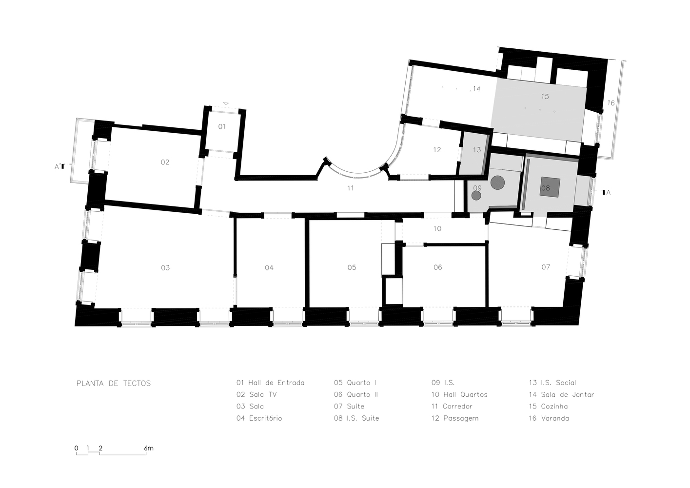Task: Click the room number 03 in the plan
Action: pyautogui.click(x=165, y=267)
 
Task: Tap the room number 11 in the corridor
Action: pyautogui.click(x=350, y=188)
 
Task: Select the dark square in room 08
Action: pyautogui.click(x=550, y=187)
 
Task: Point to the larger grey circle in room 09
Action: pyautogui.click(x=497, y=183)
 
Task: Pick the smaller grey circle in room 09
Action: pyautogui.click(x=476, y=196)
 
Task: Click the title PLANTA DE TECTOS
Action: pyautogui.click(x=114, y=384)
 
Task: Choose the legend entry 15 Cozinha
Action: pyautogui.click(x=548, y=407)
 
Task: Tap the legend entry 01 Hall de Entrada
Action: pyautogui.click(x=271, y=383)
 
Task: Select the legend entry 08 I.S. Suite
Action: pyautogui.click(x=356, y=418)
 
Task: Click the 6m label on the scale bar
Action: pyautogui.click(x=148, y=448)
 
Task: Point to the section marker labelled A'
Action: pyautogui.click(x=60, y=166)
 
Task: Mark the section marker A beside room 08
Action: pyautogui.click(x=606, y=192)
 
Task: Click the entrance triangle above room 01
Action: pyautogui.click(x=226, y=103)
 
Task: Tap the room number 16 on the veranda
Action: pyautogui.click(x=611, y=103)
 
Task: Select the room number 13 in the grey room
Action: pyautogui.click(x=477, y=150)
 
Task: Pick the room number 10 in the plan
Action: pyautogui.click(x=437, y=229)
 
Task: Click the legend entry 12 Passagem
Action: pyautogui.click(x=455, y=418)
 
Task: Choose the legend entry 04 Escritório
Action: pyautogui.click(x=259, y=418)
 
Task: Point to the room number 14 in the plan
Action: pyautogui.click(x=476, y=89)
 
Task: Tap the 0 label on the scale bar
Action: pyautogui.click(x=77, y=448)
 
